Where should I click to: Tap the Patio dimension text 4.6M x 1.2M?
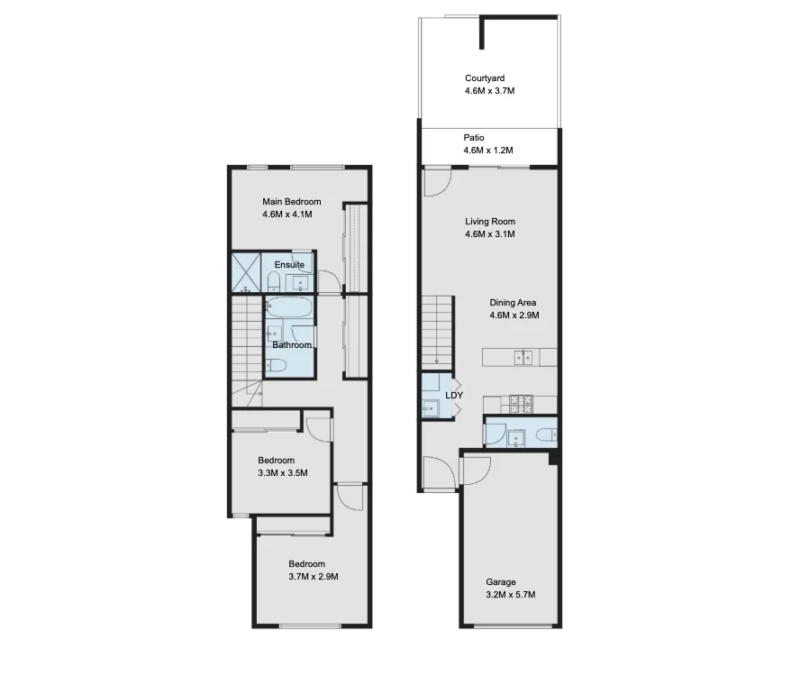[488, 151]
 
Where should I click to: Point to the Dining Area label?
[514, 303]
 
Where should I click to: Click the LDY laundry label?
[455, 396]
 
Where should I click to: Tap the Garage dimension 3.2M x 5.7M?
[511, 595]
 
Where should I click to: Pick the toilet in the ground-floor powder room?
[544, 435]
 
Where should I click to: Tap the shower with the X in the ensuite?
[245, 270]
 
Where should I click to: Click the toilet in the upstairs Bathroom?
[277, 365]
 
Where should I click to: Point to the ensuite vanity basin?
[300, 282]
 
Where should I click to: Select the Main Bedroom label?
[291, 202]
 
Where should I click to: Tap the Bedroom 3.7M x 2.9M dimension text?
[313, 577]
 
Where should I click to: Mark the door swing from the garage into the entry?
[475, 470]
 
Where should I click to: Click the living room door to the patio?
[437, 183]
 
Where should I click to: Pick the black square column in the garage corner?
[554, 458]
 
